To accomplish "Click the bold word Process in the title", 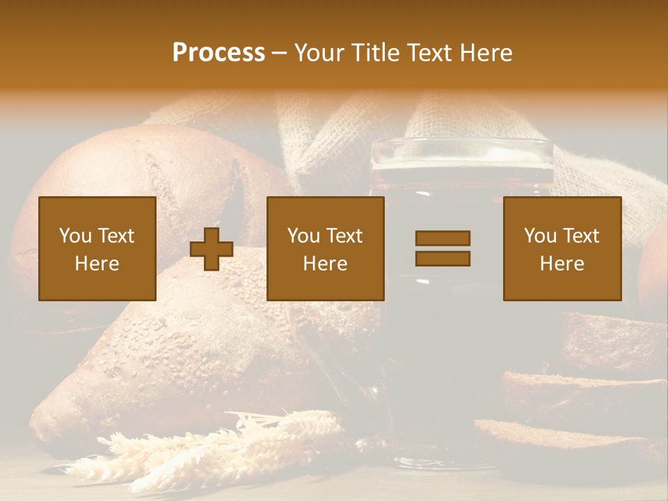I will (x=218, y=53).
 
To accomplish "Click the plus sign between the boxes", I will (x=212, y=249).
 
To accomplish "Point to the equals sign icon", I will (x=443, y=248).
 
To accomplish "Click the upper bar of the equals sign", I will (x=443, y=239).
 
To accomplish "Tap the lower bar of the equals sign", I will (x=443, y=258).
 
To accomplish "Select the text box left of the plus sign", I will (x=97, y=248).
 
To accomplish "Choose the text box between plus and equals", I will (x=325, y=248).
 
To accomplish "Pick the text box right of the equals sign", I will (x=562, y=248).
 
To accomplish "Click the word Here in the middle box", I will (x=325, y=263).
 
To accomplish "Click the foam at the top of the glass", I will (x=462, y=154).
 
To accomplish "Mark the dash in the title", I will (x=279, y=53).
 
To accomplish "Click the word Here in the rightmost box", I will (x=562, y=263).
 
